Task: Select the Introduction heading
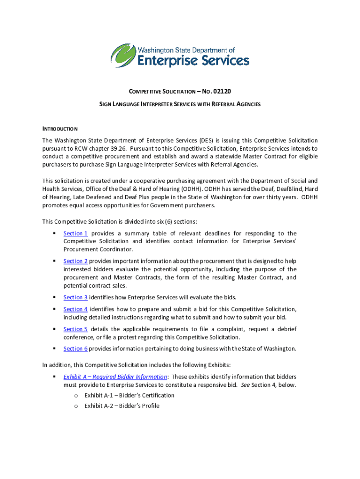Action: (60, 129)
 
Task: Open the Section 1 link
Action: (75, 233)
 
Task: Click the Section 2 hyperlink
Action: (75, 261)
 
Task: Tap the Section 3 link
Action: (75, 298)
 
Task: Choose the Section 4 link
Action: (75, 309)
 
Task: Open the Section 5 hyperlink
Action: (75, 329)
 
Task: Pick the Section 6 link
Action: (75, 348)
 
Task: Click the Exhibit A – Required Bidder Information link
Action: (115, 377)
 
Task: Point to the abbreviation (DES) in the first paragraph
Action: (206, 140)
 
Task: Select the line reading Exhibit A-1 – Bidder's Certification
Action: (130, 395)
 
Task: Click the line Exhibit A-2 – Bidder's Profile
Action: (122, 406)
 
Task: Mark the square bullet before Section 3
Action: (54, 298)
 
